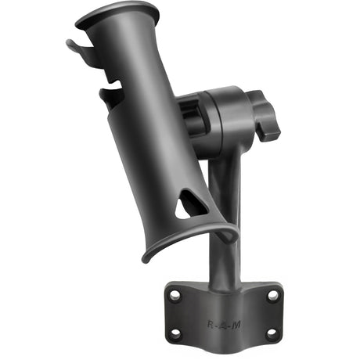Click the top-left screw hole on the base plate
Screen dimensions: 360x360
pos(175,296)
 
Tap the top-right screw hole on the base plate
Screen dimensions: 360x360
pos(273,296)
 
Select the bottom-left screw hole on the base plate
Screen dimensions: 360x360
pos(175,333)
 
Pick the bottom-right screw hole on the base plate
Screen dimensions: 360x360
pos(271,333)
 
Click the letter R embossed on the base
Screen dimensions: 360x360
pos(211,322)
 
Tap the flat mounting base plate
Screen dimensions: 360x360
pos(223,313)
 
